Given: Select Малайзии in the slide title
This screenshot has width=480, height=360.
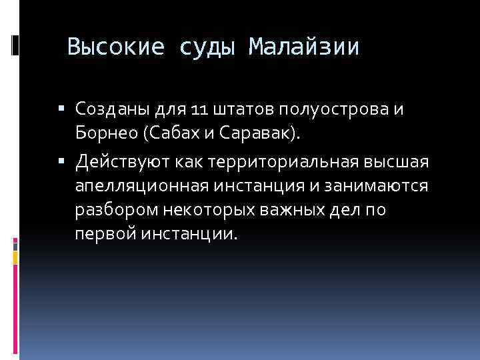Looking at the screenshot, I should point(304,47).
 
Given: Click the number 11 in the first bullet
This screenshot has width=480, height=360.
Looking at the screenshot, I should point(198,109).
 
